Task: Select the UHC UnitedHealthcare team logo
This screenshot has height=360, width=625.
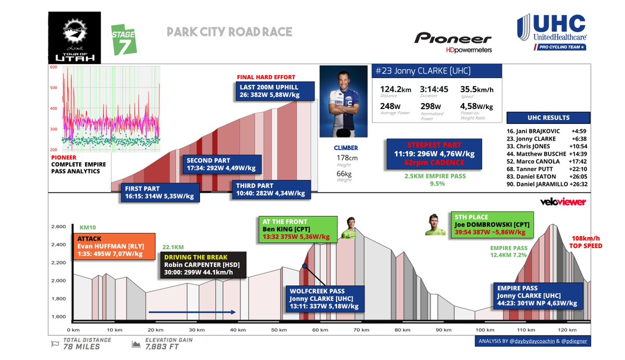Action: coord(552,33)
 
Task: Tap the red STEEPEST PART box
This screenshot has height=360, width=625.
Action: coord(427,154)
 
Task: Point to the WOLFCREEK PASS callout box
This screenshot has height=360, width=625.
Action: coord(324,299)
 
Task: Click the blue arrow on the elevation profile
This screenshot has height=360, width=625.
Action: coord(192,313)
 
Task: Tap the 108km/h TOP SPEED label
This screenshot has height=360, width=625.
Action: coord(586,242)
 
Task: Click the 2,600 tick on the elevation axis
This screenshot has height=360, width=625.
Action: coord(58,227)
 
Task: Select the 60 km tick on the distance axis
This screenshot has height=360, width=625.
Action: coord(320,330)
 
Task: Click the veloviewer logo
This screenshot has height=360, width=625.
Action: coord(562,202)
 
